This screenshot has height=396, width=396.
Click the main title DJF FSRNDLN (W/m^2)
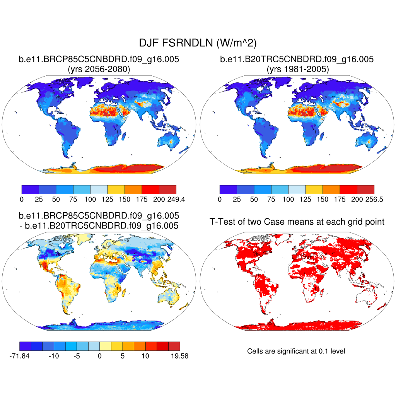click(198, 42)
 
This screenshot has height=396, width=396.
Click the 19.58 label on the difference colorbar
click(179, 356)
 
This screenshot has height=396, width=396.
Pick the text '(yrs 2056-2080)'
click(99, 70)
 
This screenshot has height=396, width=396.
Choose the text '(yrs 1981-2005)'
click(297, 70)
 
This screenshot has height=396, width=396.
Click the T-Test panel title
click(297, 222)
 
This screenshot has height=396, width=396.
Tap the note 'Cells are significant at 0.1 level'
click(296, 351)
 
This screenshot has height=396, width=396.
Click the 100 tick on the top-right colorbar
click(288, 200)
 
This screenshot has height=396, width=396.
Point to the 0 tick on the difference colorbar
click(99, 356)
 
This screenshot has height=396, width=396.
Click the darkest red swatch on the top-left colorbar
click(167, 189)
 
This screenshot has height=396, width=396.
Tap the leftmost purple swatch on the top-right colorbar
click(228, 189)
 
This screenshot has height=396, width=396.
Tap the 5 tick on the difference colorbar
click(123, 356)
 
